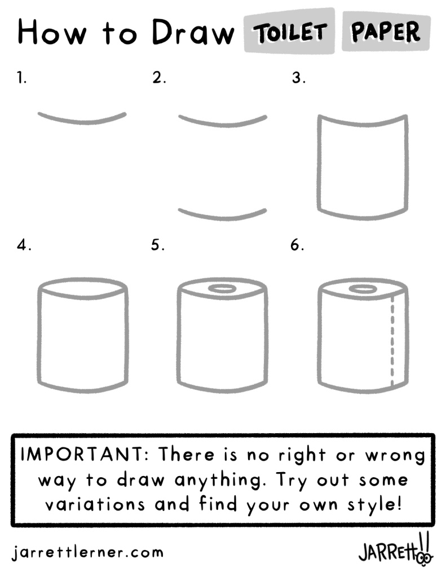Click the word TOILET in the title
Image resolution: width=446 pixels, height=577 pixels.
[x=290, y=32]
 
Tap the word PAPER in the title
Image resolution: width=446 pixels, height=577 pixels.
[x=385, y=31]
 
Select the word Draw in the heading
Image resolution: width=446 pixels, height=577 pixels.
[x=193, y=32]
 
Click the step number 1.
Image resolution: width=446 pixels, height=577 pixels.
[x=22, y=78]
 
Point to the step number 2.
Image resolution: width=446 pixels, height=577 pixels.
[x=159, y=78]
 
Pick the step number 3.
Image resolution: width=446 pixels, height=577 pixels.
[x=298, y=78]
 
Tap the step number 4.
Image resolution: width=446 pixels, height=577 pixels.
[x=24, y=245]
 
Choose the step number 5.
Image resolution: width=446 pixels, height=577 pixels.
[x=157, y=245]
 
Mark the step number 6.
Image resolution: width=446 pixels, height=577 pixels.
[x=297, y=245]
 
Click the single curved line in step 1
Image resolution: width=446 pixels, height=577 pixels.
[x=82, y=122]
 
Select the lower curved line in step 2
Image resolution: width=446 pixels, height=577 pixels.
[x=223, y=218]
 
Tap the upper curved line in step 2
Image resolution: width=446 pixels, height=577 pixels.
[x=223, y=125]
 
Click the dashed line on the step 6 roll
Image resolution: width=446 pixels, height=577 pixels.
[x=392, y=340]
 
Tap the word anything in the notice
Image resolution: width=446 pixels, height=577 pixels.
[x=220, y=480]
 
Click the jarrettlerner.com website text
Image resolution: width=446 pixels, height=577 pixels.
[x=87, y=552]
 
